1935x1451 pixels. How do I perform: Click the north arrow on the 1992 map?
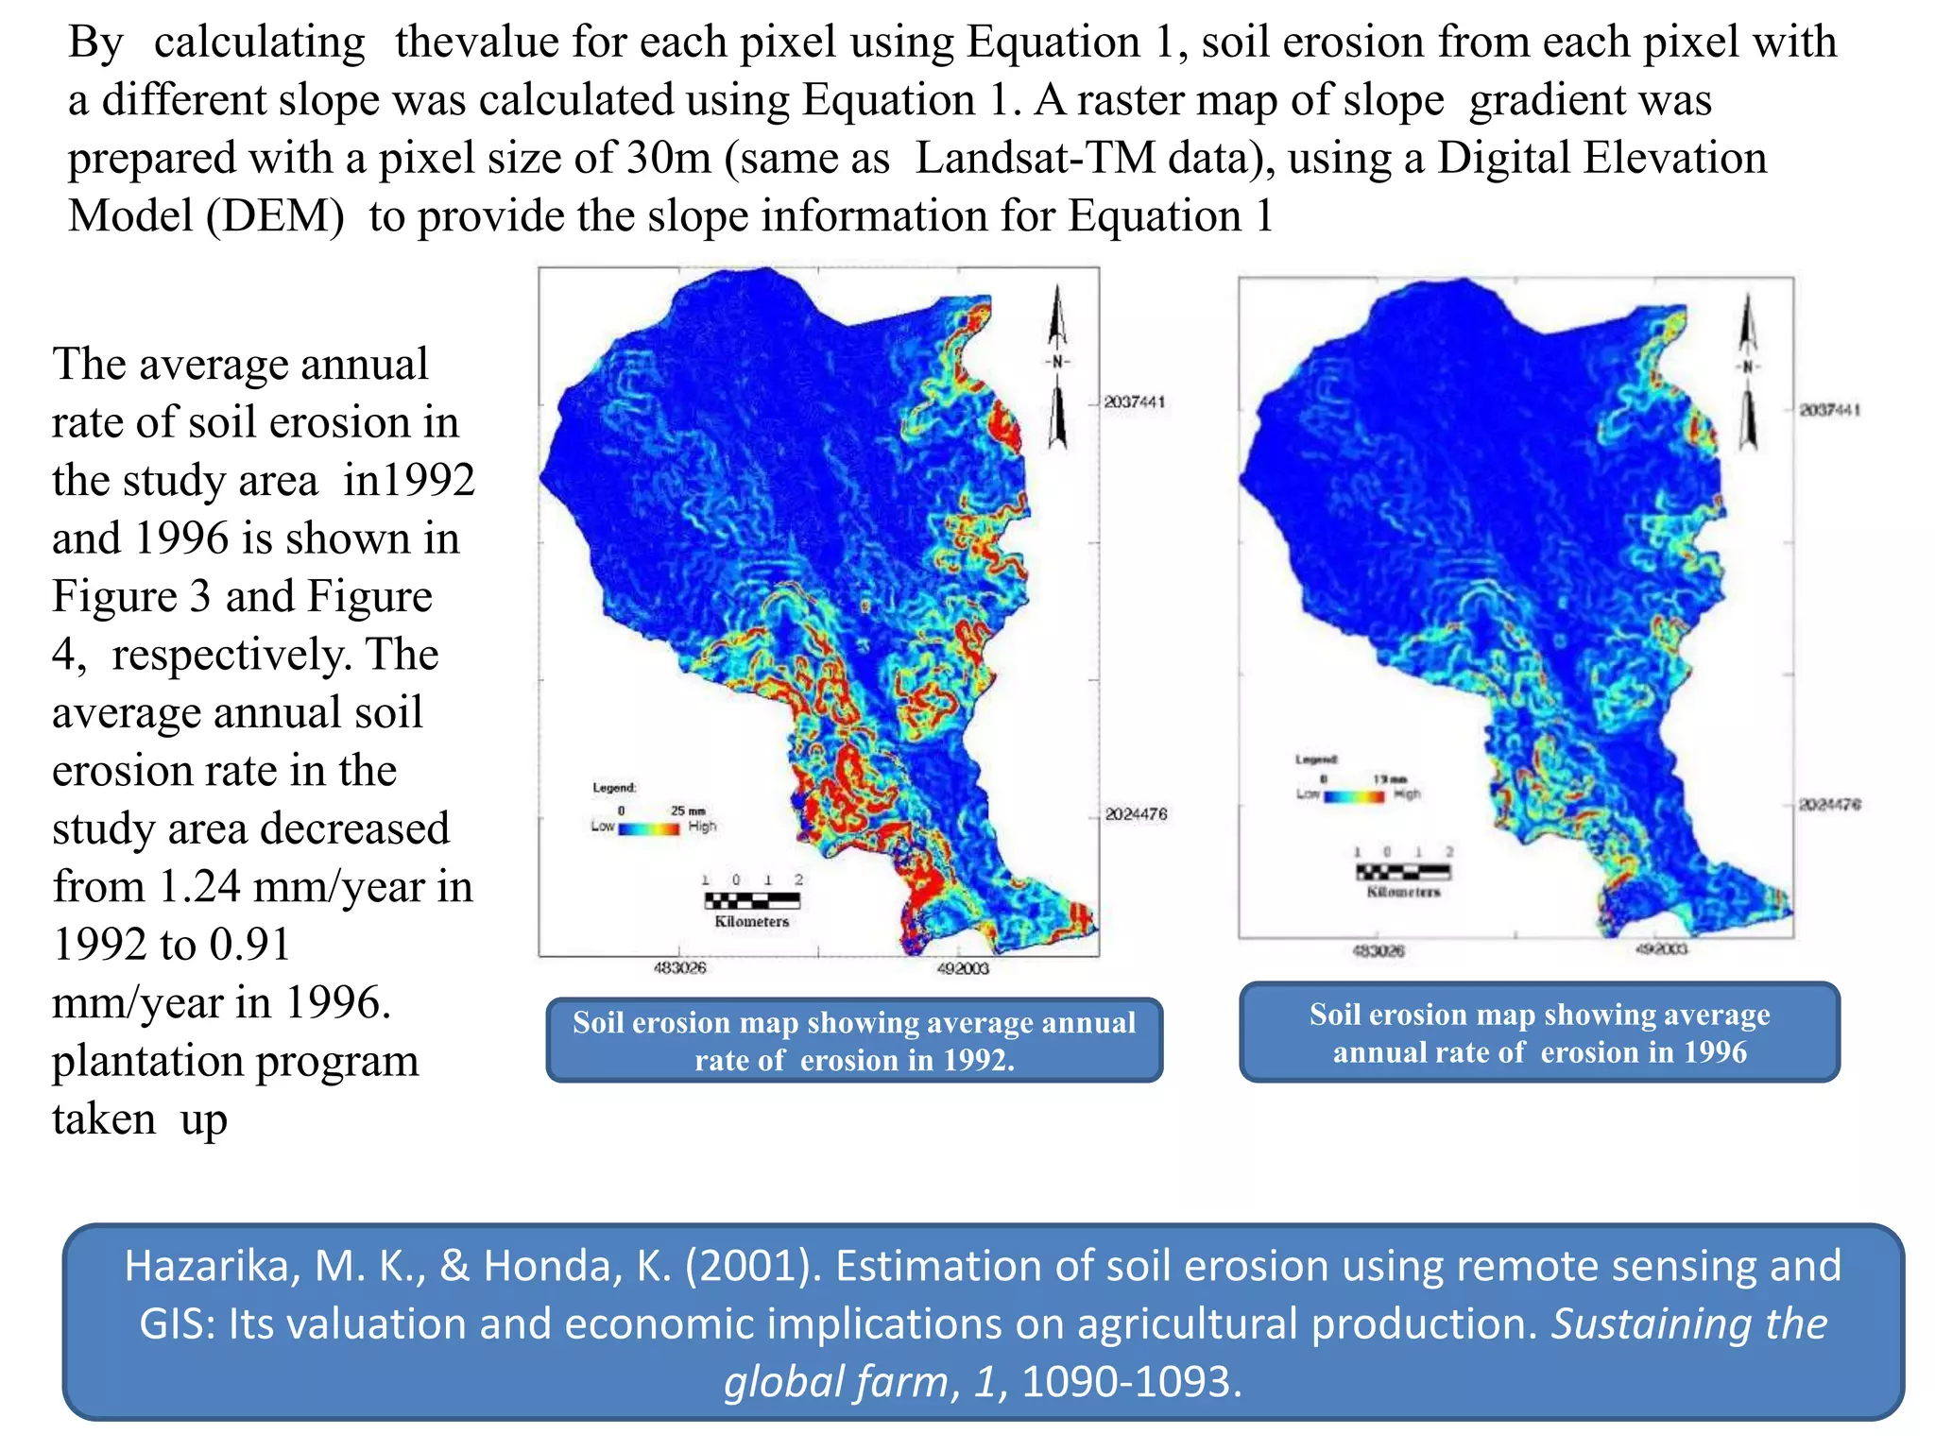(1057, 368)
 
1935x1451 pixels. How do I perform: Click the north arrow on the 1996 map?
(1748, 373)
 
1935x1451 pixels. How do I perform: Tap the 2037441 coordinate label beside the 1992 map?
(1135, 402)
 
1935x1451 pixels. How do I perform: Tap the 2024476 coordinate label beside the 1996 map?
(1830, 805)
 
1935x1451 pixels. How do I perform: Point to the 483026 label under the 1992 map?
(679, 968)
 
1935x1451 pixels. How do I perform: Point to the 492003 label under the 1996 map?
(1661, 949)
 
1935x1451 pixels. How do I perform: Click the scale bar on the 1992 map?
(752, 900)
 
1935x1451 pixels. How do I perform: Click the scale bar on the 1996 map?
(1403, 872)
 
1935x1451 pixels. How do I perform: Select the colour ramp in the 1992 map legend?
(649, 828)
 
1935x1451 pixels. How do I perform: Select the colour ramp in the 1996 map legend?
(1354, 796)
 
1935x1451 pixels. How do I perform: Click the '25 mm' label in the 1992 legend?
(688, 811)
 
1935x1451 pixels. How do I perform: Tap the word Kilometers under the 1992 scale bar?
(751, 922)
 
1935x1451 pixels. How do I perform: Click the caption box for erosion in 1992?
(854, 1040)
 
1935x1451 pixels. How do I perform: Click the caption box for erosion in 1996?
(1539, 1033)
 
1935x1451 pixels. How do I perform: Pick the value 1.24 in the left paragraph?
(198, 887)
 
